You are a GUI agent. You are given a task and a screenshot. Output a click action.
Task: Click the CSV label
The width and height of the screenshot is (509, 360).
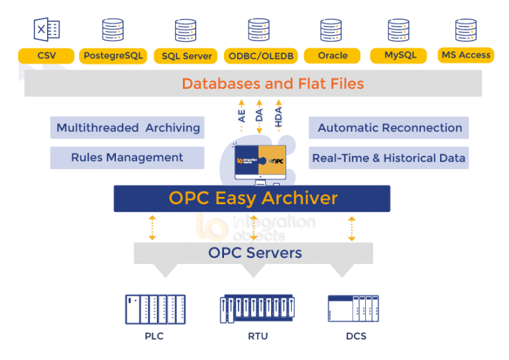click(46, 55)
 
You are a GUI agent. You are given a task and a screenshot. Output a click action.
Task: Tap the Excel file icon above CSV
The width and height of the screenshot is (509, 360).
click(47, 30)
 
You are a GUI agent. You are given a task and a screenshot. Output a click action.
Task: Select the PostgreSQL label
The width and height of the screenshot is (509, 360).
click(113, 56)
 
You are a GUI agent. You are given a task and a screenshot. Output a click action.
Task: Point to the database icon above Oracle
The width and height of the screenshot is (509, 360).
click(331, 30)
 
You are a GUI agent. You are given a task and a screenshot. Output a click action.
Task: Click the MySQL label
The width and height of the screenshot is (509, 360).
click(400, 55)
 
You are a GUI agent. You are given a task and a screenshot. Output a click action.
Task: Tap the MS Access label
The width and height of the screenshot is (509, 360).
click(466, 55)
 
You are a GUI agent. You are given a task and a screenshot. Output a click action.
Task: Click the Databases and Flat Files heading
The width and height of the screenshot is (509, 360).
click(272, 84)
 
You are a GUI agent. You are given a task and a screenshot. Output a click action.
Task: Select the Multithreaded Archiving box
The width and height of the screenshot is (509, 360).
click(127, 128)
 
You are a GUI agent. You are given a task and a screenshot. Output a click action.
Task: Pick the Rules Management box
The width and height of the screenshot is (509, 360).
click(127, 158)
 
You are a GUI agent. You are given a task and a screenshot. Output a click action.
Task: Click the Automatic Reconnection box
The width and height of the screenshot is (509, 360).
click(389, 128)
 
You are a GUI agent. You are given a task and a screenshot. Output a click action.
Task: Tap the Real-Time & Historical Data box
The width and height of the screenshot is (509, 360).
click(389, 158)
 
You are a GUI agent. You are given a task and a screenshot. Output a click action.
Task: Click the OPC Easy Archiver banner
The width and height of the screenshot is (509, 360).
click(253, 198)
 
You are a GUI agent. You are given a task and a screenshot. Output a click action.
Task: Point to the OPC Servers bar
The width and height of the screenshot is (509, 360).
click(254, 253)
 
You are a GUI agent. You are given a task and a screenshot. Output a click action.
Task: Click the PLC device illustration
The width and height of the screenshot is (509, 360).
click(155, 310)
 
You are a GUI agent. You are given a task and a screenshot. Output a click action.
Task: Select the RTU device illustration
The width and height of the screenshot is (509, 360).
click(257, 309)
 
